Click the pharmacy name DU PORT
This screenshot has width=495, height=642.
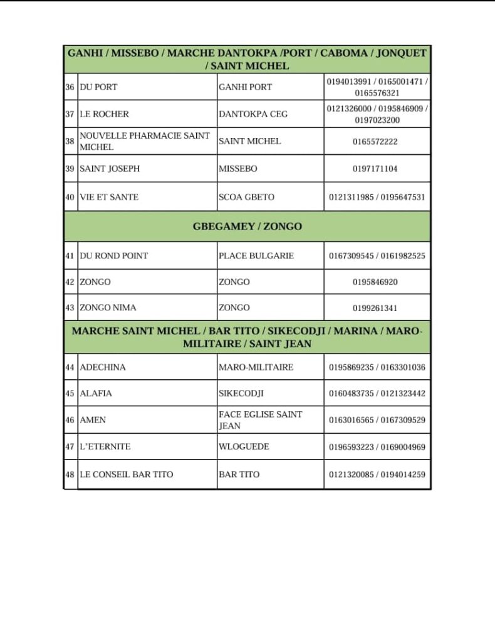tap(98, 87)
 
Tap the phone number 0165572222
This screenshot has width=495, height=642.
tap(375, 142)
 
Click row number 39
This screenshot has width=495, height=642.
tap(70, 169)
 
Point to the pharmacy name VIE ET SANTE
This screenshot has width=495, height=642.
tap(109, 197)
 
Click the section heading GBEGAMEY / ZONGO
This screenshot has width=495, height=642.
tap(247, 226)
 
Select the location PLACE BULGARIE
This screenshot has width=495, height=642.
tap(256, 256)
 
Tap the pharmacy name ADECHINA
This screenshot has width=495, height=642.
tap(103, 367)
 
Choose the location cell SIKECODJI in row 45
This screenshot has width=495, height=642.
tap(241, 394)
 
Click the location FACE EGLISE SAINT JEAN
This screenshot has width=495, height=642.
tap(260, 420)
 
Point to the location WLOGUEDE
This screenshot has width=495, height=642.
tap(244, 447)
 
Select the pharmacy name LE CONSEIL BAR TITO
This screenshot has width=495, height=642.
tap(127, 475)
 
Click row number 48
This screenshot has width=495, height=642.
tap(70, 475)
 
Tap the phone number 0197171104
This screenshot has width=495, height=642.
tap(375, 169)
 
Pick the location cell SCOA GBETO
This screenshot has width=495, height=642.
tap(246, 197)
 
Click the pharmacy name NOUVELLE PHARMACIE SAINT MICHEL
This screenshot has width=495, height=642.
tap(145, 141)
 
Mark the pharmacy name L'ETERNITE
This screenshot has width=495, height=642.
tap(105, 447)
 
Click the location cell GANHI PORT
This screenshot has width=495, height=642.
tap(245, 87)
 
